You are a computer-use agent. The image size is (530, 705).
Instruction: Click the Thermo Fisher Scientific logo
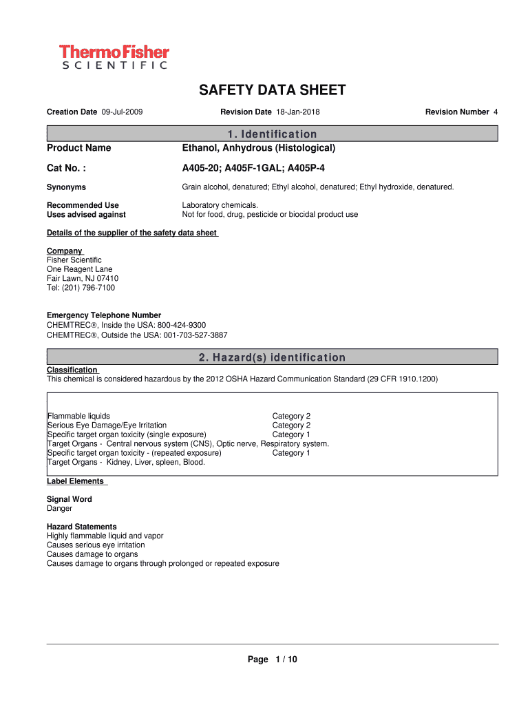[114, 56]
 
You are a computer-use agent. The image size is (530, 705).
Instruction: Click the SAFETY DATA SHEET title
[273, 90]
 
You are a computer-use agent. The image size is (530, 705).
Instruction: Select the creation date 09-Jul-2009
[122, 112]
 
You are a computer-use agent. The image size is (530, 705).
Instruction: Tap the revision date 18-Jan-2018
[298, 112]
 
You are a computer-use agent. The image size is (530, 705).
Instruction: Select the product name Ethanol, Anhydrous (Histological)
[258, 148]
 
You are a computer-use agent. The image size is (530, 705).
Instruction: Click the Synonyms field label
[66, 187]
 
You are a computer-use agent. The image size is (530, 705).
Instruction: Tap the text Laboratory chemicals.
[220, 205]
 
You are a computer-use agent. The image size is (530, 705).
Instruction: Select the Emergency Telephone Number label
[104, 315]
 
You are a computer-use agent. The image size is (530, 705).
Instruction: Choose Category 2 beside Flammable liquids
[291, 417]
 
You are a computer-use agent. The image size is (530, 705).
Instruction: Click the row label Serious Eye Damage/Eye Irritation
[107, 425]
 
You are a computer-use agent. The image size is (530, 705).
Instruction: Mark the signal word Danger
[59, 509]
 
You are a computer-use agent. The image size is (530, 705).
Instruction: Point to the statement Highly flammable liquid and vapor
[105, 536]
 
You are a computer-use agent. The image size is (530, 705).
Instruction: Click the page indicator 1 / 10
[286, 660]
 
